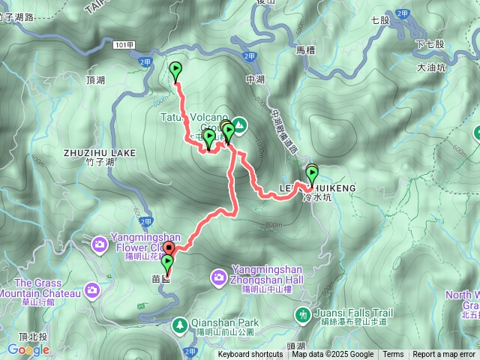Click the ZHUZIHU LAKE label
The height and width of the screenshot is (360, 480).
(x=100, y=152)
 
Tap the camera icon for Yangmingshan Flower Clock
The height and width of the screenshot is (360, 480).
(x=100, y=244)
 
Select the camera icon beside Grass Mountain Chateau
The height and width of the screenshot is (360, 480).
(x=91, y=289)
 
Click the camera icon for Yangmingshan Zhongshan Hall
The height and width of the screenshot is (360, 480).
(x=218, y=277)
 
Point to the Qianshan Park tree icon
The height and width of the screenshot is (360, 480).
(x=180, y=325)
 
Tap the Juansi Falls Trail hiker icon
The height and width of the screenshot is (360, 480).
(x=303, y=313)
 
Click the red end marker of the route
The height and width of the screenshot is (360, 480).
(x=169, y=249)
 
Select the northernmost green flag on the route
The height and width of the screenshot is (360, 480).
(x=176, y=70)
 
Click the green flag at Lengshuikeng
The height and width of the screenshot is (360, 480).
(x=312, y=174)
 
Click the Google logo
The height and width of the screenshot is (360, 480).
(x=28, y=349)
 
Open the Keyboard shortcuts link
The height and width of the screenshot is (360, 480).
(x=250, y=355)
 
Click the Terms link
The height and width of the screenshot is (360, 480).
(x=393, y=355)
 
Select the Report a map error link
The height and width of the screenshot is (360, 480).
(x=444, y=355)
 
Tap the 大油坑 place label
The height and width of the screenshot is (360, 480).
(x=430, y=67)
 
